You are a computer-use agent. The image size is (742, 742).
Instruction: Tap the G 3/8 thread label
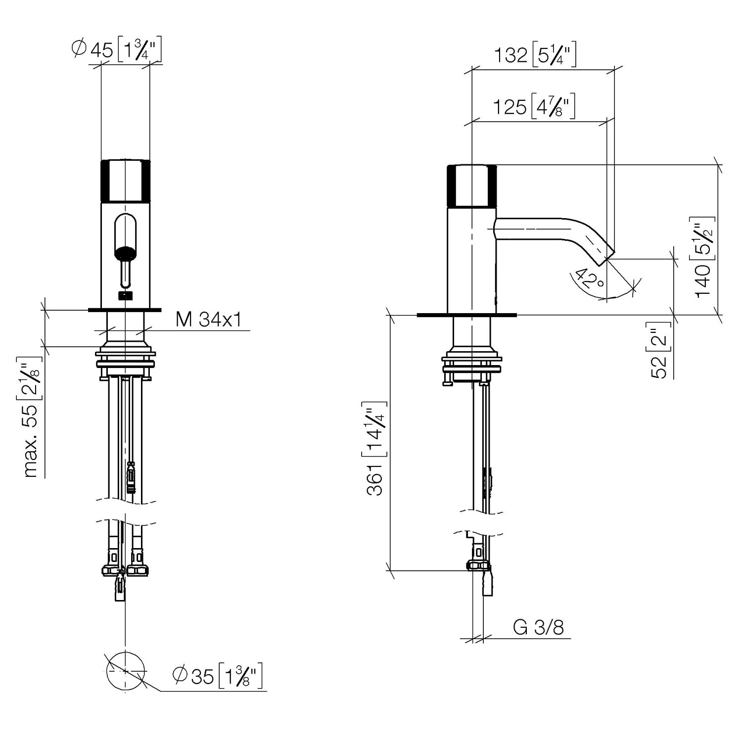click(x=538, y=627)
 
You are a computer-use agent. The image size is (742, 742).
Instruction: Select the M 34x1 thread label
click(x=208, y=320)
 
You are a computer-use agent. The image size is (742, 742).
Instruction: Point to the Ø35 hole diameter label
click(x=217, y=676)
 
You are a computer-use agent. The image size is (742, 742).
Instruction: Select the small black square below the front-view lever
click(x=126, y=296)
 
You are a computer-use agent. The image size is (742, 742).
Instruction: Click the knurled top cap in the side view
click(x=471, y=185)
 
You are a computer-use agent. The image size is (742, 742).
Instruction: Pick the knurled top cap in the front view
click(x=125, y=181)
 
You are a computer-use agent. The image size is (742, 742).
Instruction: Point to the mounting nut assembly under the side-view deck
click(x=471, y=366)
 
